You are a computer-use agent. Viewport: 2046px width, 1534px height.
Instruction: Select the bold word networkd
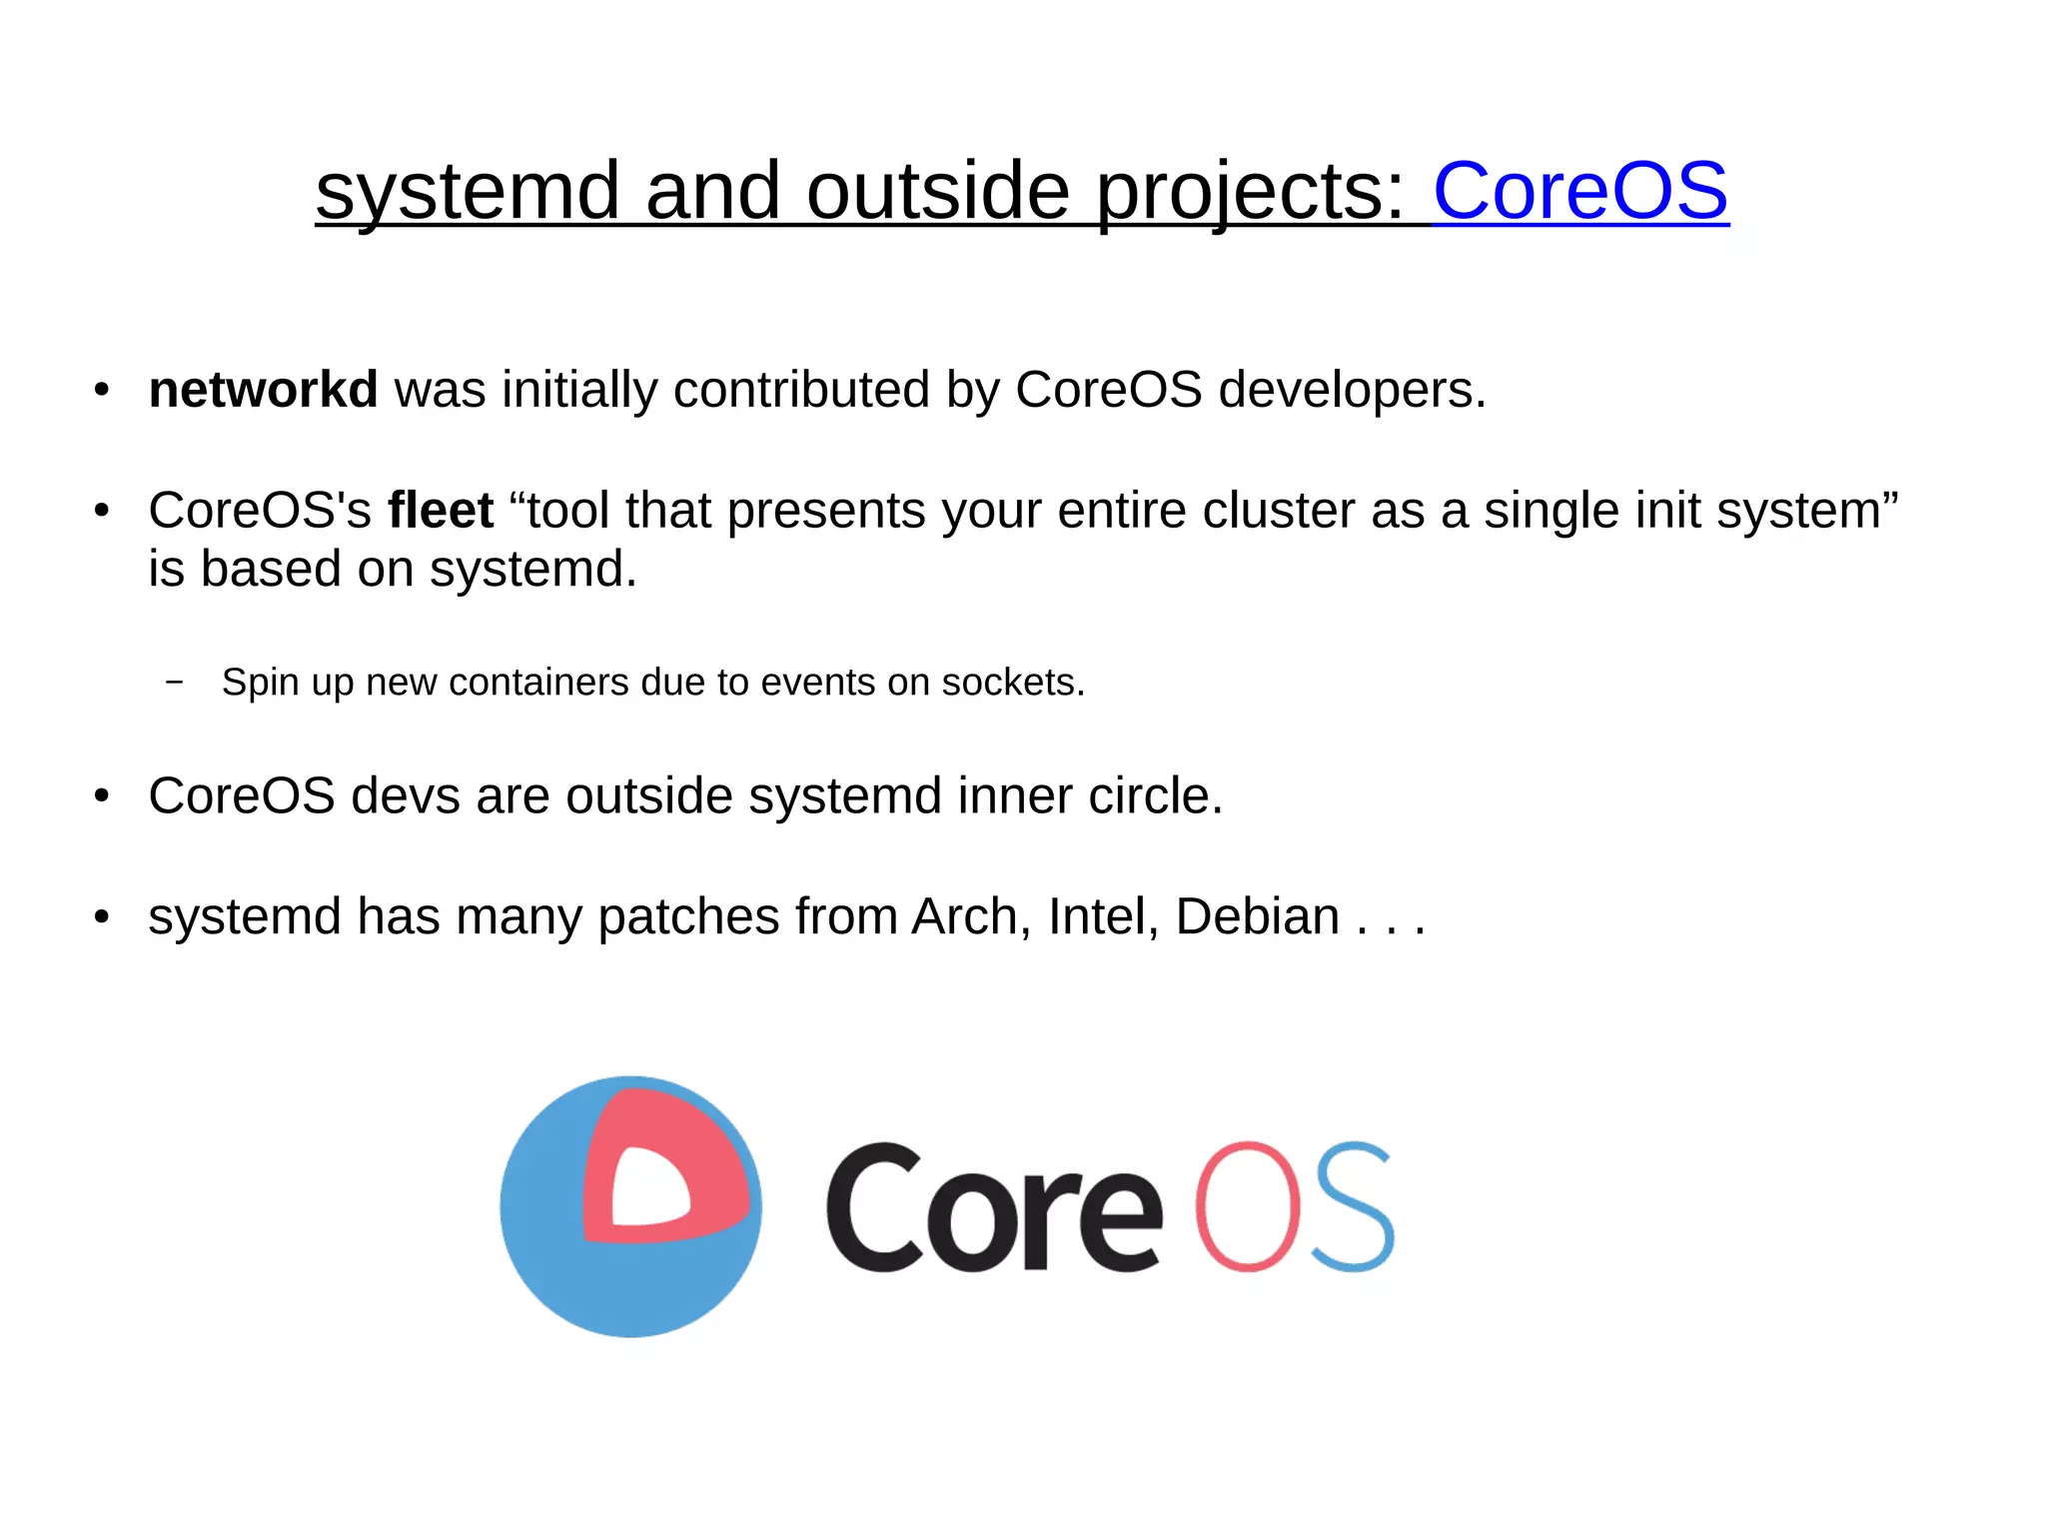(263, 389)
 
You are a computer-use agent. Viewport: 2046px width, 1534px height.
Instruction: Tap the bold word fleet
(441, 510)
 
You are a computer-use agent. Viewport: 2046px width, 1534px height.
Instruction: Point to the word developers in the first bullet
(1352, 389)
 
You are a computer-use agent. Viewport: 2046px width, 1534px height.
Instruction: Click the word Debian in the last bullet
(1257, 915)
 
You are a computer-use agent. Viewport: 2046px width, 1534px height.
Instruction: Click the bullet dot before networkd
(101, 390)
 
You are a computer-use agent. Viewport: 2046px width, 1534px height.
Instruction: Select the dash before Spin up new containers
(175, 683)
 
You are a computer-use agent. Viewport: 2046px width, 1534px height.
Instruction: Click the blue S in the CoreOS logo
(1352, 1206)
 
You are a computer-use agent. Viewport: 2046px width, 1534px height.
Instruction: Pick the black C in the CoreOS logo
(873, 1206)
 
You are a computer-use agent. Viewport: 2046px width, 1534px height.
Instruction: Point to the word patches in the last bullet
(687, 915)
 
